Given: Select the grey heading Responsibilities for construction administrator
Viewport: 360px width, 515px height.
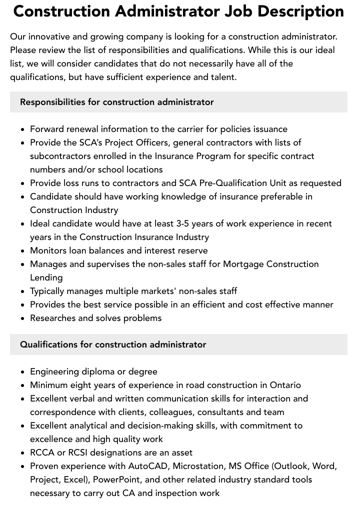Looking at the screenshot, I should pos(117,102).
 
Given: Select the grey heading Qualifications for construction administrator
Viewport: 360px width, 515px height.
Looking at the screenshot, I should pos(113,344).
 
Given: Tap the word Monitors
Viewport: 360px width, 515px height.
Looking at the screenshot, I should pos(48,250).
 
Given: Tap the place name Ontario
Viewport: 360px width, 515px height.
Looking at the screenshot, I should pos(285,385).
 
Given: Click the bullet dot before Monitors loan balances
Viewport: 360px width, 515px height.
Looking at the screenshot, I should pos(23,251).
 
